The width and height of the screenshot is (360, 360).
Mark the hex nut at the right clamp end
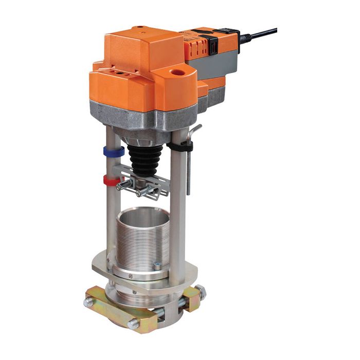[202, 294]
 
